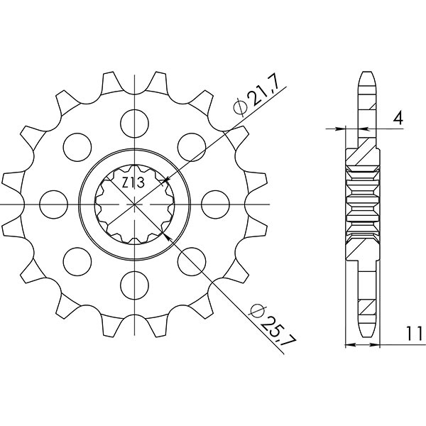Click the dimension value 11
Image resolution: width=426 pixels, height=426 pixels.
[x=414, y=332]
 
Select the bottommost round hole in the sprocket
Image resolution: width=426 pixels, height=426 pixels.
[x=134, y=285]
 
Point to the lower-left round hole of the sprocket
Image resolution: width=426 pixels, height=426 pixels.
[x=76, y=261]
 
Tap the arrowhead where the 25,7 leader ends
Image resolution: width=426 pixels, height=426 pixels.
[x=168, y=236]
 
